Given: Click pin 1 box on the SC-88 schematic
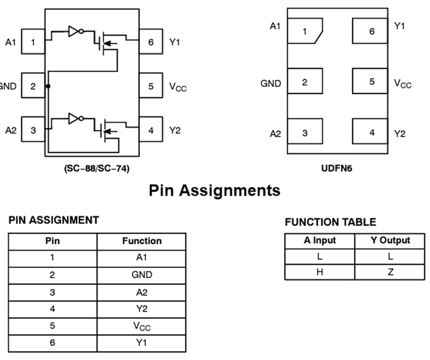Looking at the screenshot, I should click(x=33, y=41).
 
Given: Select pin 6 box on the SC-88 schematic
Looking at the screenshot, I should click(x=151, y=41).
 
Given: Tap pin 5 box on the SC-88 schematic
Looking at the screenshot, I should click(x=151, y=86).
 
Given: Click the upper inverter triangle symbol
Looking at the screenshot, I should click(x=73, y=32).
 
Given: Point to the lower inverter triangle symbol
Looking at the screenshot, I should click(x=73, y=118).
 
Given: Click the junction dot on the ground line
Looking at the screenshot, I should click(x=48, y=86).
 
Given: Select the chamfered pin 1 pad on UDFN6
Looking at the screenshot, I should click(x=305, y=30).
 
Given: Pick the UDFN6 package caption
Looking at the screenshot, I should click(x=337, y=169).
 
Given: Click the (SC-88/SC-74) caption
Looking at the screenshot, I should click(x=97, y=169).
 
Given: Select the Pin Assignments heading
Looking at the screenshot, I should click(x=215, y=191).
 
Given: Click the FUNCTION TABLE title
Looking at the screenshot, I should click(x=330, y=222).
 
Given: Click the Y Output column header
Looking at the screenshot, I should click(x=390, y=241).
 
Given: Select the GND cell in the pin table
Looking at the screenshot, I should click(x=142, y=275).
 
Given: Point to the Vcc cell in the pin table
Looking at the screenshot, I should click(x=142, y=326).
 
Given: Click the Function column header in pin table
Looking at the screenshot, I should click(x=142, y=241).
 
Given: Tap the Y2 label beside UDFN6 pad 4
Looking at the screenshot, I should click(x=400, y=134).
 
